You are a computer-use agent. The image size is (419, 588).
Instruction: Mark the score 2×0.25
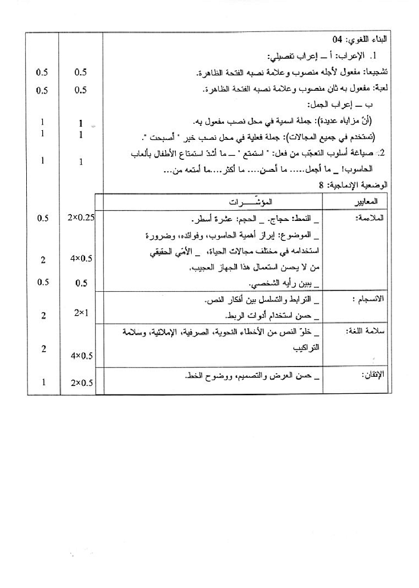(x=80, y=218)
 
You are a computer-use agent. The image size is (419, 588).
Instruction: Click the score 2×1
(x=80, y=312)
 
